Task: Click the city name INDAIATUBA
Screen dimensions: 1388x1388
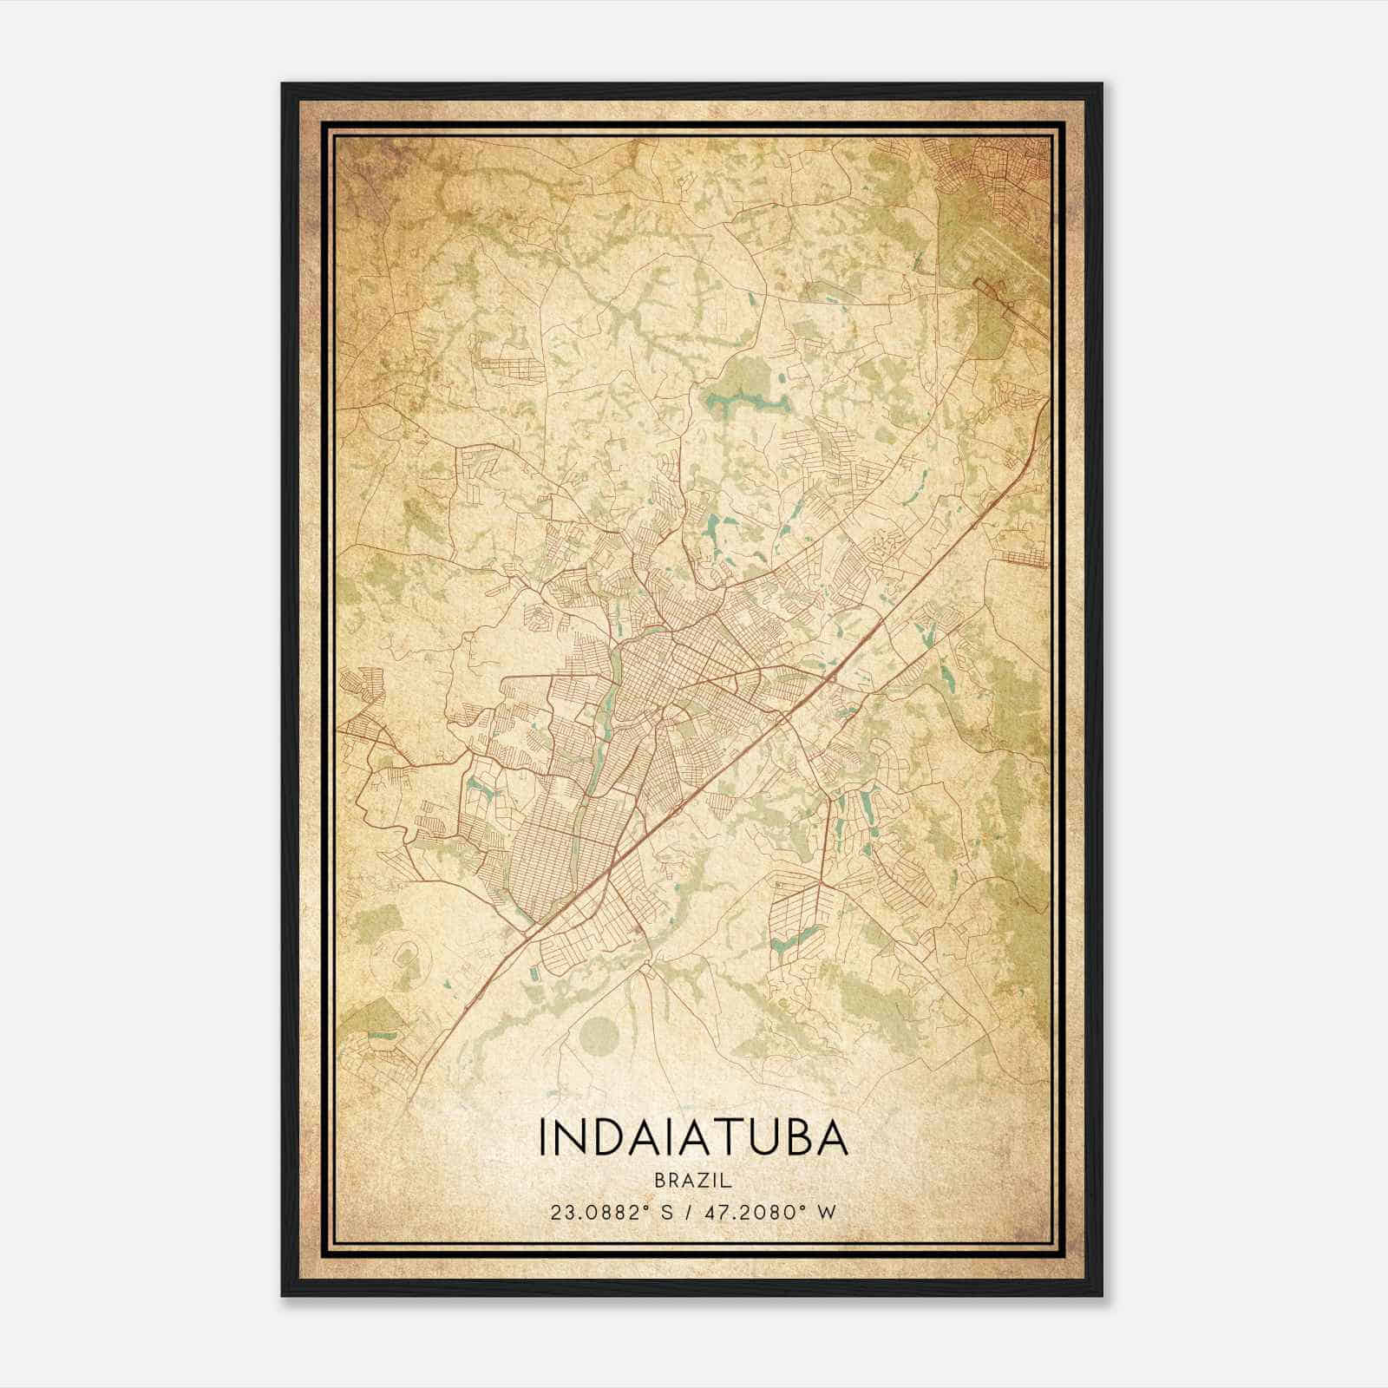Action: [693, 1137]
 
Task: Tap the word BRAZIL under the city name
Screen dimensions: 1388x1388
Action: [693, 1181]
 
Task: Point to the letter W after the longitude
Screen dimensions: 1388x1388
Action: [828, 1212]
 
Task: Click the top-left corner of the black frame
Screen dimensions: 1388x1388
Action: [284, 85]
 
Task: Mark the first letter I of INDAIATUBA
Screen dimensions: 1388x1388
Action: [543, 1137]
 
